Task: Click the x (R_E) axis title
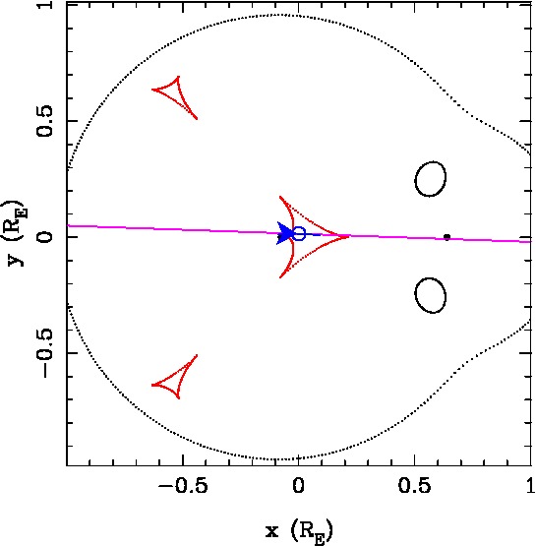pyautogui.click(x=299, y=532)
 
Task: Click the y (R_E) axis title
pyautogui.click(x=18, y=233)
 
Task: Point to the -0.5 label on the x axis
pyautogui.click(x=183, y=485)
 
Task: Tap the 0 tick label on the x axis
pyautogui.click(x=298, y=485)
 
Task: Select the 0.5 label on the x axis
pyautogui.click(x=414, y=485)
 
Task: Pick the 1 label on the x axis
pyautogui.click(x=530, y=485)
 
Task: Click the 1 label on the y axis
pyautogui.click(x=45, y=6)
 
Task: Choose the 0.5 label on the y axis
pyautogui.click(x=45, y=120)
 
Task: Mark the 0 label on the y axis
pyautogui.click(x=45, y=237)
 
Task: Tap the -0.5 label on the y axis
pyautogui.click(x=45, y=352)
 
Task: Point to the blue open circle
pyautogui.click(x=299, y=234)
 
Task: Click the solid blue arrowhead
pyautogui.click(x=284, y=233)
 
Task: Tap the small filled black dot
pyautogui.click(x=447, y=237)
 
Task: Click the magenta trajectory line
pyautogui.click(x=299, y=234)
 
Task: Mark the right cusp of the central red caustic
pyautogui.click(x=348, y=237)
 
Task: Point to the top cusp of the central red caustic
pyautogui.click(x=280, y=197)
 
